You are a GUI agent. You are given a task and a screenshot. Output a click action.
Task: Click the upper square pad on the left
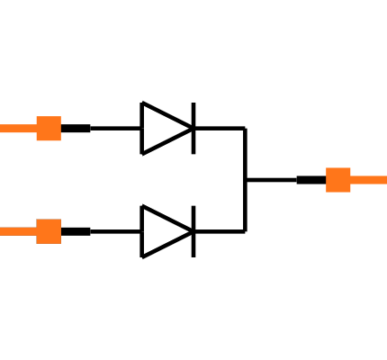pyautogui.click(x=49, y=129)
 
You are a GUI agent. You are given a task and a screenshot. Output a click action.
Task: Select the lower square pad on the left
pyautogui.click(x=49, y=231)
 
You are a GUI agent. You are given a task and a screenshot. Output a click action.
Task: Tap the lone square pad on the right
pyautogui.click(x=338, y=180)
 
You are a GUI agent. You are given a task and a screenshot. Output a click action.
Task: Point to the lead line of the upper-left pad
pyautogui.click(x=18, y=129)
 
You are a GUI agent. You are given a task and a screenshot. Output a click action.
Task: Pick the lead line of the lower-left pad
pyautogui.click(x=18, y=231)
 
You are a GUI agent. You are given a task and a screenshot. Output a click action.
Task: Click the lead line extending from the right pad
pyautogui.click(x=369, y=180)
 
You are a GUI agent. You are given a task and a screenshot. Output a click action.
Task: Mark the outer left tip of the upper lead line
pyautogui.click(x=1, y=129)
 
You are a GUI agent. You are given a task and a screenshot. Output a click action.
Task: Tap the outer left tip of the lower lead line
pyautogui.click(x=1, y=231)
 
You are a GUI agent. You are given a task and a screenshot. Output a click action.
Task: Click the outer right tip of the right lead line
pyautogui.click(x=385, y=180)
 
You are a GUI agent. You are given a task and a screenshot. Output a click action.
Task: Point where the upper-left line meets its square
pyautogui.click(x=36, y=129)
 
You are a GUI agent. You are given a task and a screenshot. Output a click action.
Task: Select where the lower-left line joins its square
pyautogui.click(x=36, y=231)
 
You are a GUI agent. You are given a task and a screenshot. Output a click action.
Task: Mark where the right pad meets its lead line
pyautogui.click(x=350, y=180)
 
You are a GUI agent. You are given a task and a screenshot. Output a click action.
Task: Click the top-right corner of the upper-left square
pyautogui.click(x=60, y=117)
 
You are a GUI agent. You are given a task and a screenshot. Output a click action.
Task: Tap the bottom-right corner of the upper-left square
pyautogui.click(x=60, y=140)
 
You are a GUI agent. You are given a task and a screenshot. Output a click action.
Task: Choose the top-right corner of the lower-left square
pyautogui.click(x=60, y=220)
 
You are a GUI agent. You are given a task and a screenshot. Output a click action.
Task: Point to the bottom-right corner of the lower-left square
pyautogui.click(x=60, y=243)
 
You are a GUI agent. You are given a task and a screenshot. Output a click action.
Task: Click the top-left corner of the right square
pyautogui.click(x=327, y=168)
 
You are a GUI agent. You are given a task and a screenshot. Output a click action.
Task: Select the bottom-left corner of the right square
pyautogui.click(x=327, y=192)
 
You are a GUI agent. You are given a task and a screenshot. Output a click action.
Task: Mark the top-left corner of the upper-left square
pyautogui.click(x=37, y=117)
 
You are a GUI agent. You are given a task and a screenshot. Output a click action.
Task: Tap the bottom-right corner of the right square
pyautogui.click(x=350, y=192)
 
